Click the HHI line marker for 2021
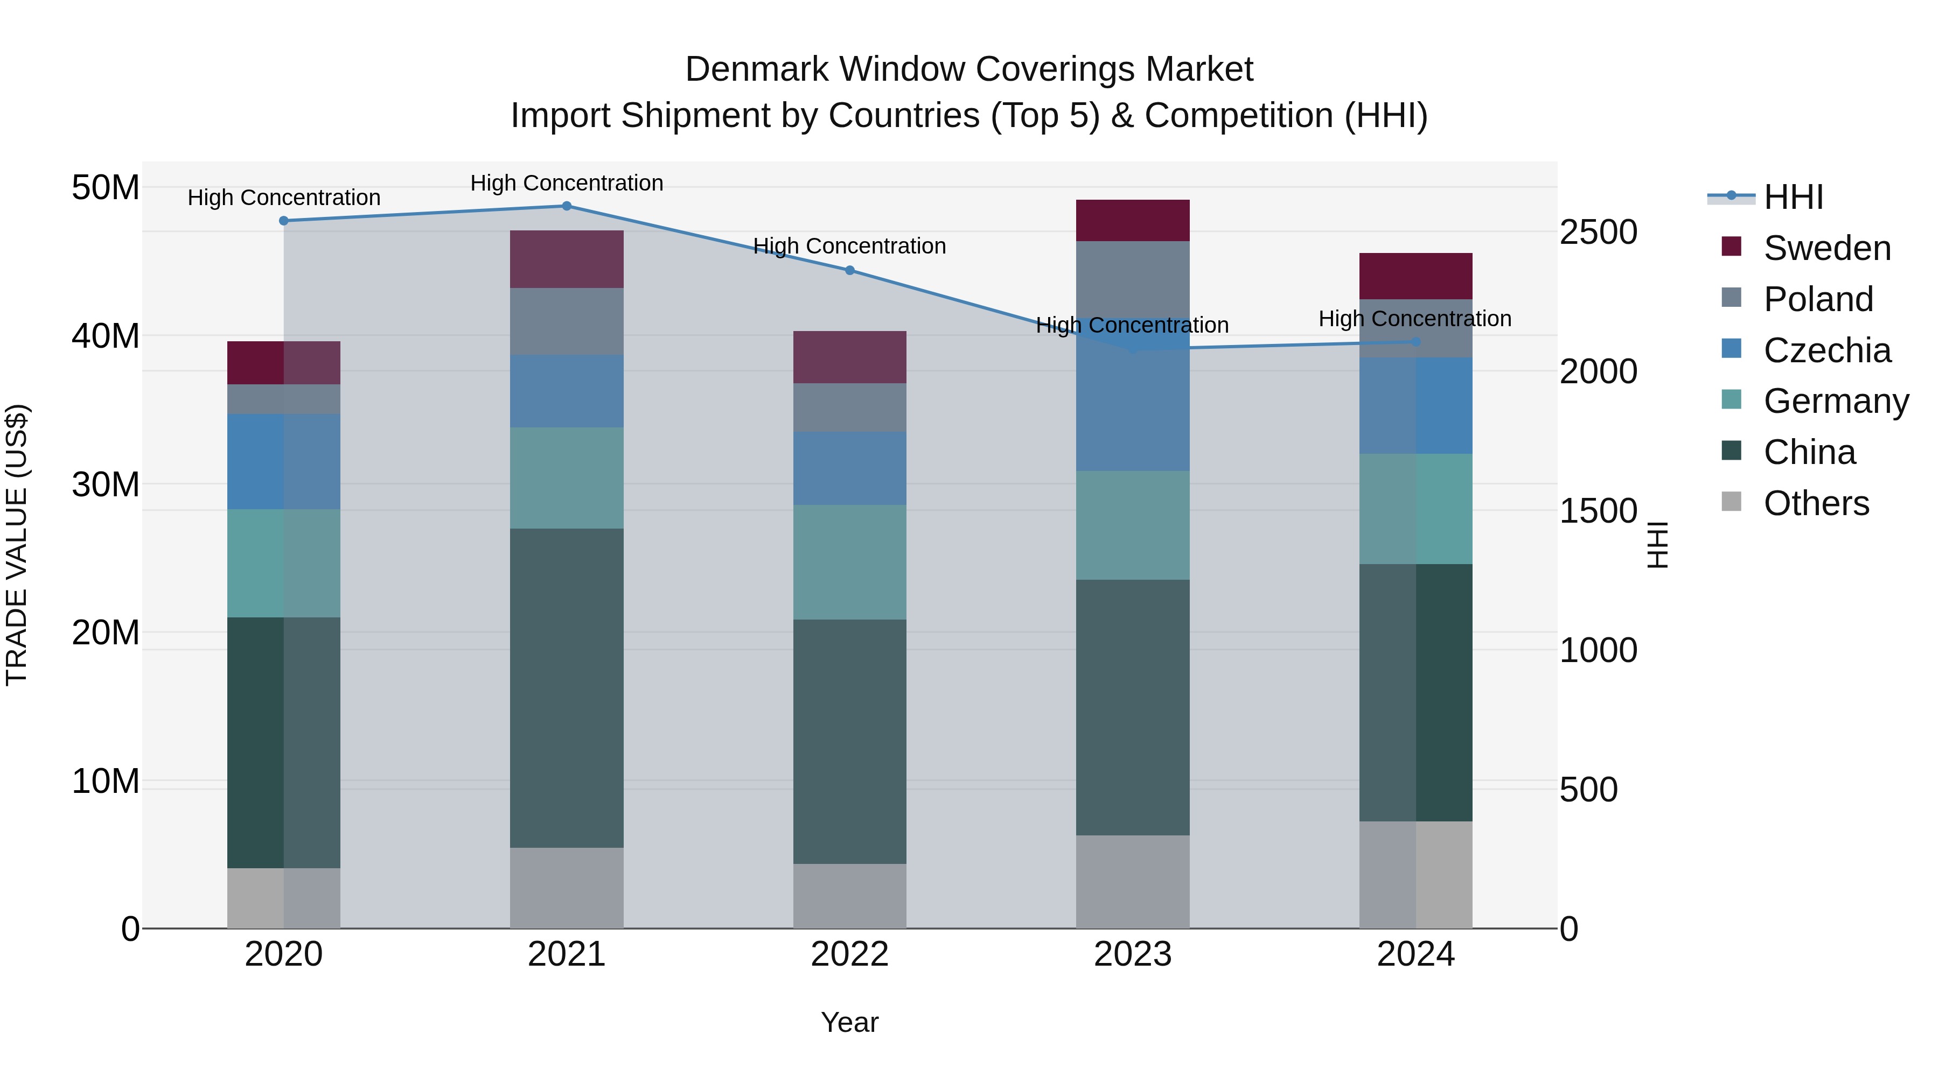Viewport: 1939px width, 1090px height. (567, 206)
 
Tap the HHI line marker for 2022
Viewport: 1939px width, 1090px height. (850, 270)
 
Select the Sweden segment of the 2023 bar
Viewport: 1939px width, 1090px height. (1133, 220)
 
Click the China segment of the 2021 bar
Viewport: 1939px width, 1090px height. (567, 688)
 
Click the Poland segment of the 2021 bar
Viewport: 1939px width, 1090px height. (567, 321)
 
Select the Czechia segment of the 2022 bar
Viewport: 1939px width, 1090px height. (850, 468)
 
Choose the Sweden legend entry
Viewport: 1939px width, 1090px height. (1827, 248)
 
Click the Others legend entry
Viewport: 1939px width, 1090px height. (1816, 503)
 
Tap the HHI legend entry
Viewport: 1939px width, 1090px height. (1793, 197)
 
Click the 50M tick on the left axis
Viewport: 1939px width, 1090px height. (106, 187)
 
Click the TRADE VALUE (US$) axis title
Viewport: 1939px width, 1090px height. (17, 545)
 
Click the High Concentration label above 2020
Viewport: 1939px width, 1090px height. (284, 198)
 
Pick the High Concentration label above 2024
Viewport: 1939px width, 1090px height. (1415, 319)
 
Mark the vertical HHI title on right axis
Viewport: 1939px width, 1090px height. (1657, 545)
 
